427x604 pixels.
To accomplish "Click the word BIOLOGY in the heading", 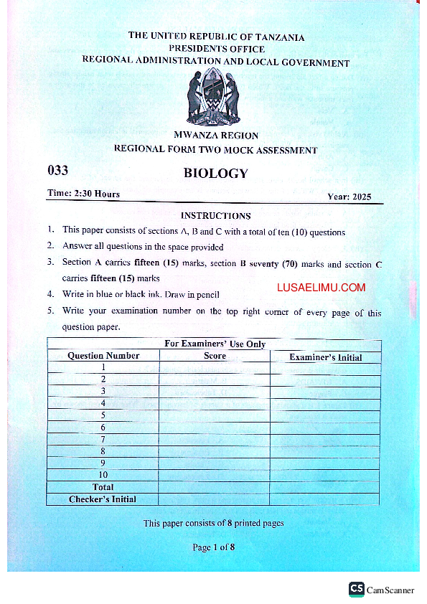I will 215,173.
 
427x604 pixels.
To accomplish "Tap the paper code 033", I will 57,171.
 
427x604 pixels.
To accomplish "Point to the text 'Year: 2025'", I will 349,197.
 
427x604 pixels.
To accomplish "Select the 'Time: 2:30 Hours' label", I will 83,194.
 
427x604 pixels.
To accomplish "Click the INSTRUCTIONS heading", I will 215,215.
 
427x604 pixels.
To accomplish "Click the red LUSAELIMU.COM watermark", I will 321,288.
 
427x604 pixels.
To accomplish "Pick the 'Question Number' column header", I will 103,356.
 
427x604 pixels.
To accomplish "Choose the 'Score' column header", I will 215,356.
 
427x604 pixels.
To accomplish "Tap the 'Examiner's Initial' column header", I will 325,357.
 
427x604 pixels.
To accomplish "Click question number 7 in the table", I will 103,439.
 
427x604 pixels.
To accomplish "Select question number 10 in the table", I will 103,475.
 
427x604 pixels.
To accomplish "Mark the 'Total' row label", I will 103,487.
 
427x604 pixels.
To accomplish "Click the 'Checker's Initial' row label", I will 103,499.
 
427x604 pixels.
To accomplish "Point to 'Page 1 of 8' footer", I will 213,547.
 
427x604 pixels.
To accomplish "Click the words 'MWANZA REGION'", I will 216,136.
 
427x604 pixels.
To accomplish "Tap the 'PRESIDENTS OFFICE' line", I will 216,49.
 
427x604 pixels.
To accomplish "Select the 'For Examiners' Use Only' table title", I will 215,344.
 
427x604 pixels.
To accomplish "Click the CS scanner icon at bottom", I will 357,589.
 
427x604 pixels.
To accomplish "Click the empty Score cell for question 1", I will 215,368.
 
